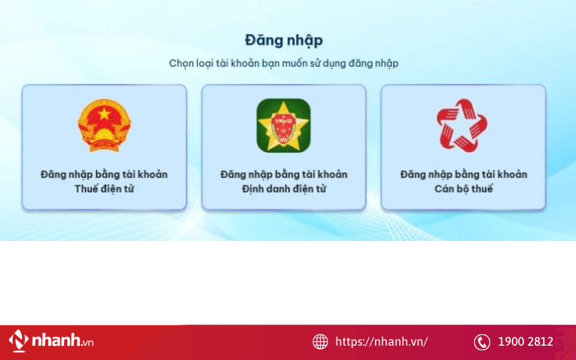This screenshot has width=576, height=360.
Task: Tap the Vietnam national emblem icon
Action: click(104, 125)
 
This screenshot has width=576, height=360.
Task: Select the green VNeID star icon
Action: click(283, 125)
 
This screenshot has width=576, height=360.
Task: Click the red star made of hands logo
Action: click(462, 125)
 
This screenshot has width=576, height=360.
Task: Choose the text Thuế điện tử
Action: click(104, 188)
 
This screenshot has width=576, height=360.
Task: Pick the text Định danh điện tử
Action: click(283, 188)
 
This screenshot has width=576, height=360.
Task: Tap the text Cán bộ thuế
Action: click(463, 188)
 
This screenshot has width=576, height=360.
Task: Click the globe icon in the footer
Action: click(321, 342)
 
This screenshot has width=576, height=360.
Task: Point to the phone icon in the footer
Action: click(482, 342)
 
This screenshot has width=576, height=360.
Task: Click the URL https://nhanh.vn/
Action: click(382, 342)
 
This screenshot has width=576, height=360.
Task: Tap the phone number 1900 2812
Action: click(526, 342)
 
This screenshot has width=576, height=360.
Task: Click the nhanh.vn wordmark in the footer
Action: click(62, 341)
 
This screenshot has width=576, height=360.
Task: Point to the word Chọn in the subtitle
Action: click(181, 63)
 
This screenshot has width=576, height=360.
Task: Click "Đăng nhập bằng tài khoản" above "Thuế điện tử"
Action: click(104, 174)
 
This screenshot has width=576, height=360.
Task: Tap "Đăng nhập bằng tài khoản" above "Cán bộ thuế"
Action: click(463, 174)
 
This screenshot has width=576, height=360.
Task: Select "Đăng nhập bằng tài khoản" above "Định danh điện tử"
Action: click(283, 174)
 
